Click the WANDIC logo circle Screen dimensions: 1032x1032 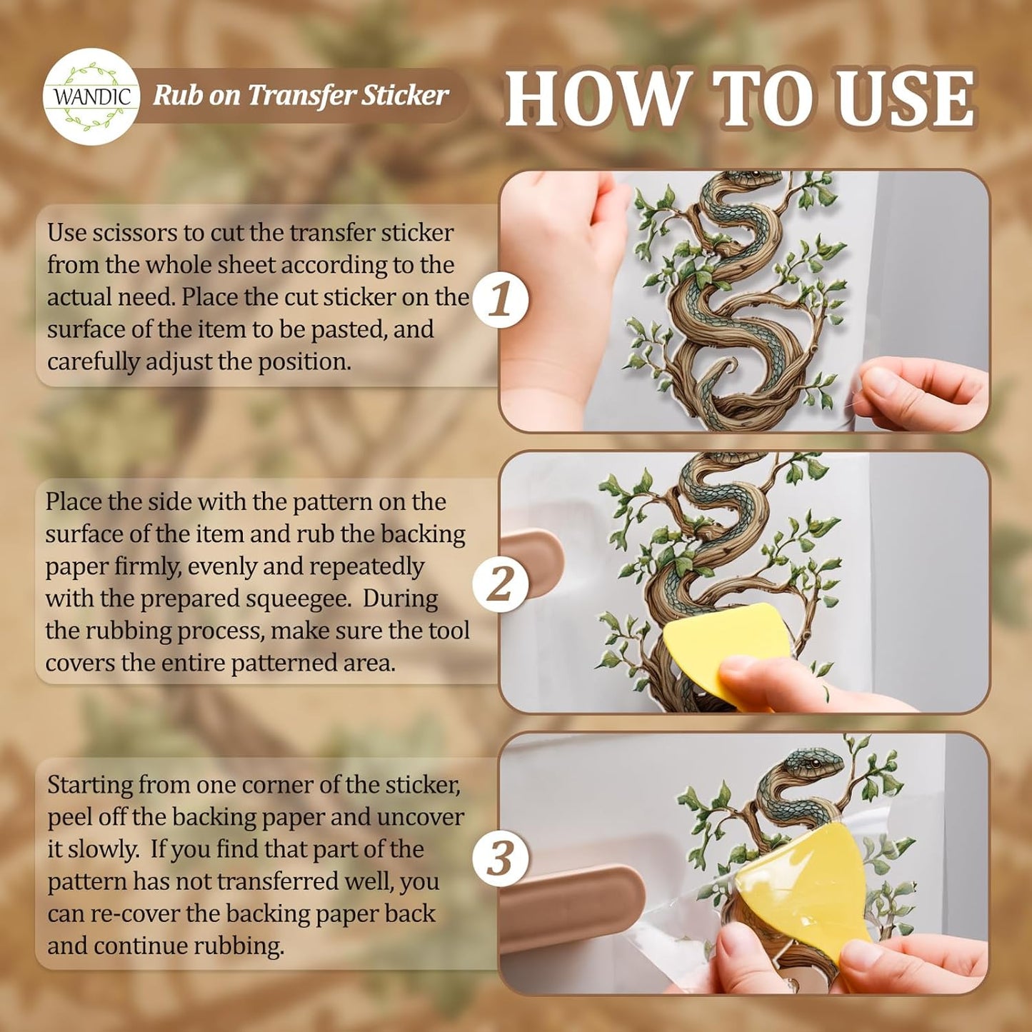point(91,96)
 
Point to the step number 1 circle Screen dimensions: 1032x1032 point(501,299)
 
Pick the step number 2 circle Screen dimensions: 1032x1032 point(501,585)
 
